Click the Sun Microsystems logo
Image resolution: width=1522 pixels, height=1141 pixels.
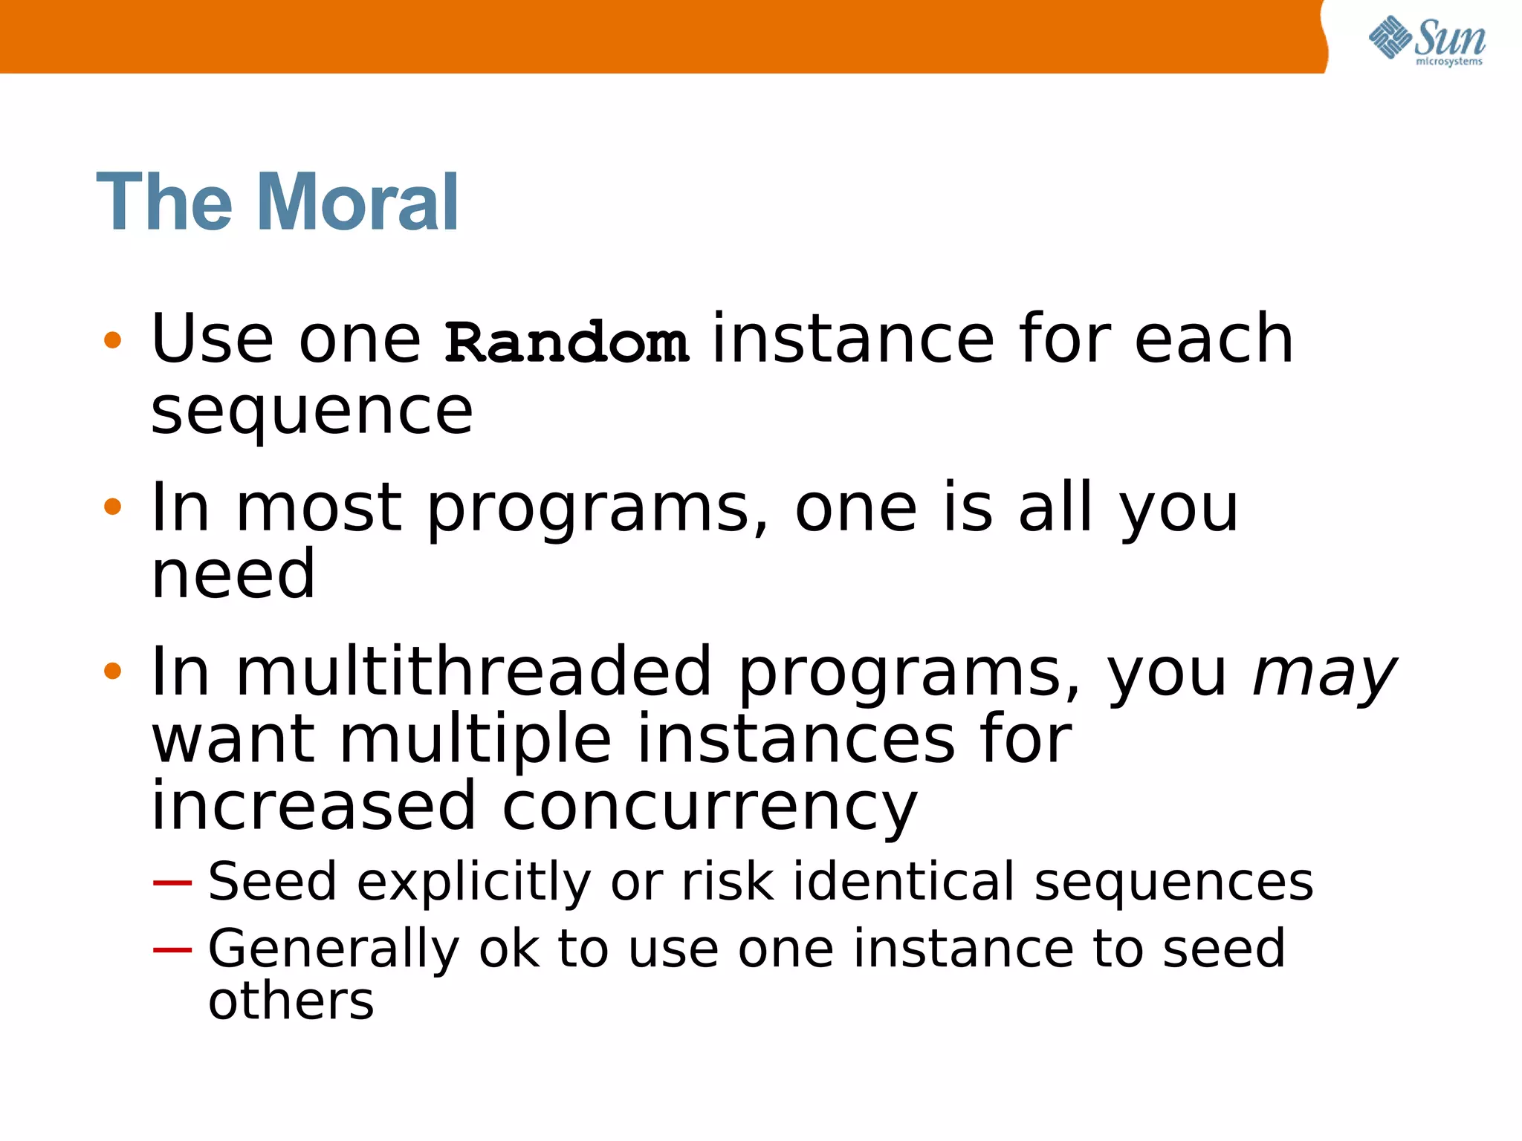(1426, 41)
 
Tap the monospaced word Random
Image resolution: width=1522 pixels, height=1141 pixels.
(566, 343)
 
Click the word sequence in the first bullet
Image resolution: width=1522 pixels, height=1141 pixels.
(311, 412)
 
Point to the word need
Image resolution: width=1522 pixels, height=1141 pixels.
(233, 573)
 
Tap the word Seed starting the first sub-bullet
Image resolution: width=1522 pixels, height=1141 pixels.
(272, 882)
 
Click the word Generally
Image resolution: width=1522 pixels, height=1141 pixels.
(334, 950)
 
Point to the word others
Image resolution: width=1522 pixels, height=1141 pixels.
(291, 1001)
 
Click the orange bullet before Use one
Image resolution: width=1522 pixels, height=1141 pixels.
(112, 341)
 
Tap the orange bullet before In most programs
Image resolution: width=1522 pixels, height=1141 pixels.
(112, 507)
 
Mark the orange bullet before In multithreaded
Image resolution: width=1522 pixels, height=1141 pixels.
(112, 672)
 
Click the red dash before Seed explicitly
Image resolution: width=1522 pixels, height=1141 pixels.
(172, 882)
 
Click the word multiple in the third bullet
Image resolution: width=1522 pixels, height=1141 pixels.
(476, 741)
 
